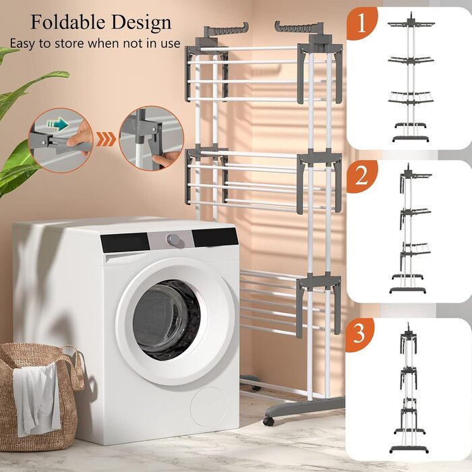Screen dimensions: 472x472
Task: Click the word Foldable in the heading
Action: tap(67, 22)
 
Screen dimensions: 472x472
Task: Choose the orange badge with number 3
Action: tap(359, 334)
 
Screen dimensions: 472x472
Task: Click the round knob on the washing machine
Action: tap(173, 239)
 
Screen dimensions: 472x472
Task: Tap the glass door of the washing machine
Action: tap(167, 320)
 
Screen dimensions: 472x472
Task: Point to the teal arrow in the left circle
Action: tap(58, 124)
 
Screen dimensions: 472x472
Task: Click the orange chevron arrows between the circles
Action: tap(106, 140)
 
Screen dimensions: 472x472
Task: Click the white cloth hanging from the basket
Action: tap(36, 397)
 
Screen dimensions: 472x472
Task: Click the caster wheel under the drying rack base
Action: tap(269, 421)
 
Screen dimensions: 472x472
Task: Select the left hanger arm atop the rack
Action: tap(227, 30)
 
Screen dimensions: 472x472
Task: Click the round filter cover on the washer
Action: tap(208, 407)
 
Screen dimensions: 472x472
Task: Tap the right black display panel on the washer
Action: tap(215, 237)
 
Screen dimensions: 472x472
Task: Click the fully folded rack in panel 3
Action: tap(409, 388)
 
